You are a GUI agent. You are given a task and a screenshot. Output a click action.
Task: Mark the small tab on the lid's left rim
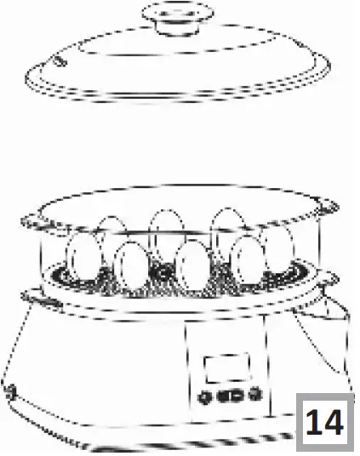[x=57, y=62]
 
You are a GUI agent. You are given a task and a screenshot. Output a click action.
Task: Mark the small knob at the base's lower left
[x=10, y=393]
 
